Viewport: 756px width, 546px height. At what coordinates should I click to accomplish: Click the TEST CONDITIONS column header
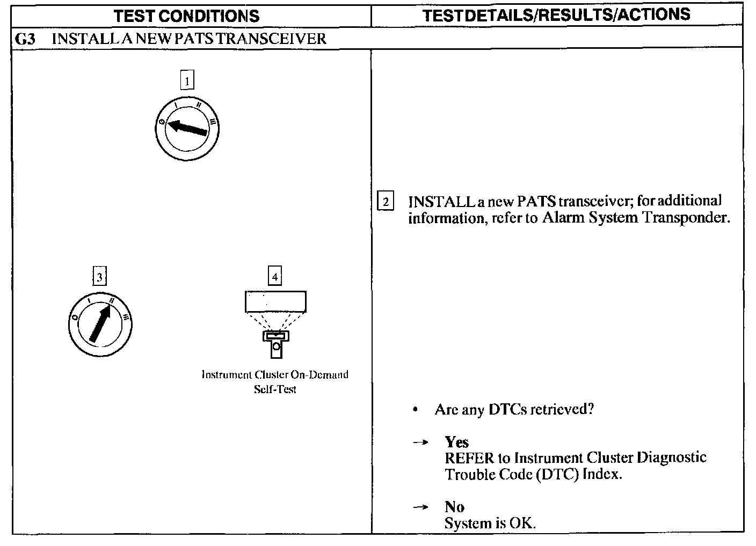click(x=187, y=16)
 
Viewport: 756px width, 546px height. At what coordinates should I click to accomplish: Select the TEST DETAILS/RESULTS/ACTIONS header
click(x=556, y=15)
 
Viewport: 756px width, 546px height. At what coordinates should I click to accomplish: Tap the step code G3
click(x=26, y=39)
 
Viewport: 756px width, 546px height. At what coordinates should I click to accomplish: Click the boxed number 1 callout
click(x=187, y=81)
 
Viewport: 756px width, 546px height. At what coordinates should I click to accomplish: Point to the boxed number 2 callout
click(x=386, y=202)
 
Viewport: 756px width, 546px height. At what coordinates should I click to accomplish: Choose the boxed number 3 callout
click(x=99, y=277)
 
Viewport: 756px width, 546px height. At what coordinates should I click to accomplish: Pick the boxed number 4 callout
click(x=275, y=277)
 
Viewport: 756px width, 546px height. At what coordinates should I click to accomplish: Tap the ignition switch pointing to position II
click(x=100, y=324)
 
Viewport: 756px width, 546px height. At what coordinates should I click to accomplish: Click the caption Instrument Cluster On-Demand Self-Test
click(x=275, y=381)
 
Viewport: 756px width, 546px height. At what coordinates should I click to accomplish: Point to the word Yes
click(x=457, y=442)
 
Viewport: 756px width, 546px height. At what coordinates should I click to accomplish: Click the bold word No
click(x=454, y=507)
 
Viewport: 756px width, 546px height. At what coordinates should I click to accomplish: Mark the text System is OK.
click(x=490, y=523)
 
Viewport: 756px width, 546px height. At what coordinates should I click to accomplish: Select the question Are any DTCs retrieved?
click(x=514, y=410)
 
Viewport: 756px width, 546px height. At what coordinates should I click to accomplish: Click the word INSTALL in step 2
click(x=440, y=202)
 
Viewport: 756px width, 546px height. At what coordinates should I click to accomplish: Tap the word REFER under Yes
click(x=469, y=458)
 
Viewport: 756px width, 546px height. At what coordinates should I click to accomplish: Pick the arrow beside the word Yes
click(x=421, y=442)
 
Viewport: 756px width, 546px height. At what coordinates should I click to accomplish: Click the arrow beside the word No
click(x=421, y=507)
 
